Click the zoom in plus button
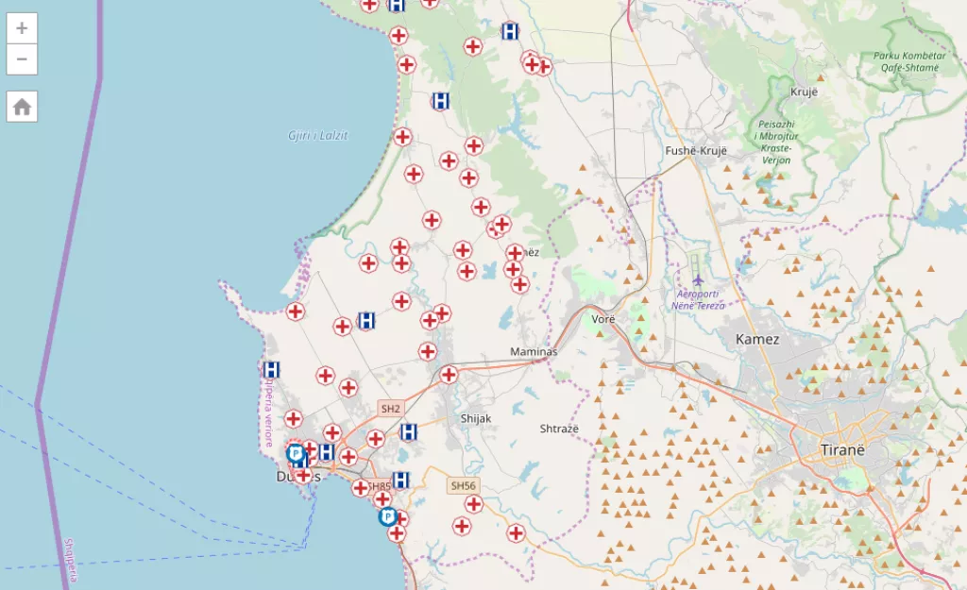[22, 27]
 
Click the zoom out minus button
[22, 59]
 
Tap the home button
[22, 107]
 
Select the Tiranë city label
[842, 449]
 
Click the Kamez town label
[757, 339]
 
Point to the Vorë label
[603, 319]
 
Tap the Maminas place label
[534, 351]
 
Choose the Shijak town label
[476, 418]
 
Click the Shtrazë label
[559, 429]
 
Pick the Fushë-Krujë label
[697, 151]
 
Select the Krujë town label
[803, 92]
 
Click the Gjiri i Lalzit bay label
[318, 135]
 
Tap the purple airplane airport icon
[698, 280]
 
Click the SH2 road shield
[390, 409]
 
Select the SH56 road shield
[463, 485]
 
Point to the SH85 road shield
[380, 486]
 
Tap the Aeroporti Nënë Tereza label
[698, 300]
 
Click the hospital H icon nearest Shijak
[409, 431]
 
